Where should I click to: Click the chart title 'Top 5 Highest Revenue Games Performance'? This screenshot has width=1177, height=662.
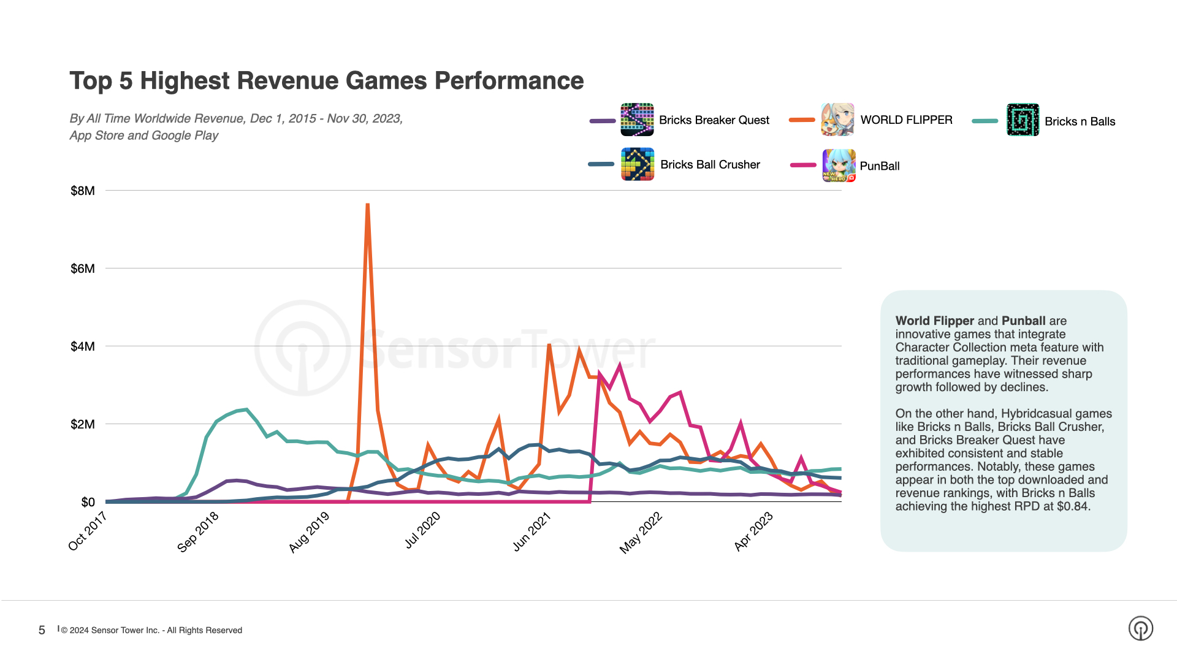pyautogui.click(x=326, y=81)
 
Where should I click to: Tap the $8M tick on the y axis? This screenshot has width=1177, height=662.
pyautogui.click(x=83, y=191)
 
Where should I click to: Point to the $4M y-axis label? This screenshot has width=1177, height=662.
pyautogui.click(x=83, y=346)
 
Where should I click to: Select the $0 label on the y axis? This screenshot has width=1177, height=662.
pyautogui.click(x=88, y=502)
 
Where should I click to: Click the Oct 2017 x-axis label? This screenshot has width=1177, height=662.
pyautogui.click(x=88, y=531)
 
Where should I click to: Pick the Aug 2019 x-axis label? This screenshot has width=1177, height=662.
pyautogui.click(x=310, y=532)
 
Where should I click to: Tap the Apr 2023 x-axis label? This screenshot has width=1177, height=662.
pyautogui.click(x=753, y=532)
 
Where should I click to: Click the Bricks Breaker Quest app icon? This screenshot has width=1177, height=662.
pyautogui.click(x=637, y=120)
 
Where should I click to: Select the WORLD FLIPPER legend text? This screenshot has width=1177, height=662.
pyautogui.click(x=906, y=120)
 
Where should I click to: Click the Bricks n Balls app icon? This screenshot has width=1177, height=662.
pyautogui.click(x=1023, y=120)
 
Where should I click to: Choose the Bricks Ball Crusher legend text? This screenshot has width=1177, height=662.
pyautogui.click(x=710, y=165)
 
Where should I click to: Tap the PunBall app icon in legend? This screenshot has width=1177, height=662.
pyautogui.click(x=838, y=165)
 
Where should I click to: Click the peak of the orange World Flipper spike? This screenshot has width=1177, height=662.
pyautogui.click(x=367, y=205)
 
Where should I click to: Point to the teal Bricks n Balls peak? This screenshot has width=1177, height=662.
pyautogui.click(x=246, y=409)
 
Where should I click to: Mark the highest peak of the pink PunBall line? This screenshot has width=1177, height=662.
pyautogui.click(x=620, y=366)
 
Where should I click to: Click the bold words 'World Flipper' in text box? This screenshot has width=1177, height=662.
pyautogui.click(x=934, y=321)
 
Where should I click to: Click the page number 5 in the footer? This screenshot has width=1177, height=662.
pyautogui.click(x=42, y=630)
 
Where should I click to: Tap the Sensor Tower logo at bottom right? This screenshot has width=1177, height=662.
pyautogui.click(x=1140, y=628)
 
